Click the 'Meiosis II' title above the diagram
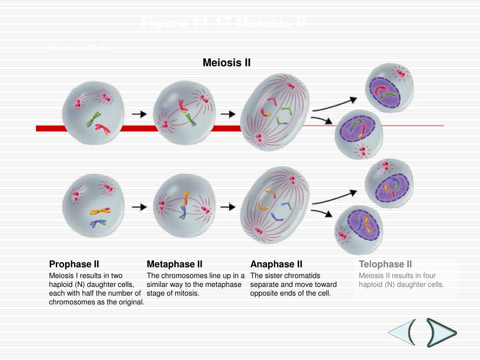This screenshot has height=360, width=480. pos(226,62)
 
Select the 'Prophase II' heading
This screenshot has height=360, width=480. pos(74,264)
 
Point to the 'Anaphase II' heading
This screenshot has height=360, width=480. pos(276,264)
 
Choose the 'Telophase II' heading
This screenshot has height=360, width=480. pos(385,264)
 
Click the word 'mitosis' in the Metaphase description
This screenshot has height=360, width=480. pos(187,293)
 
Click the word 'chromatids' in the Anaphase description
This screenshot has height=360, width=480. pos(304,276)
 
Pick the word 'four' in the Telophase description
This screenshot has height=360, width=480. pos(428,276)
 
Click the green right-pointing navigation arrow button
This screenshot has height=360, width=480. pos(441,333)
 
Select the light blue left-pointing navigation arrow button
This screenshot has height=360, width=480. pos(402,333)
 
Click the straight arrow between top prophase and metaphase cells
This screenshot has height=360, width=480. pos(139,114)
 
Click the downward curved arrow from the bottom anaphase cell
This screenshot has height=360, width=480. pos(322,213)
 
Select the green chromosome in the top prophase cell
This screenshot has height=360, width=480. pos(93,119)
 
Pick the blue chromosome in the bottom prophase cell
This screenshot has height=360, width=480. pos(98,223)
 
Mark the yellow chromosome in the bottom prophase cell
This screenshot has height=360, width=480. pos(100,211)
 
